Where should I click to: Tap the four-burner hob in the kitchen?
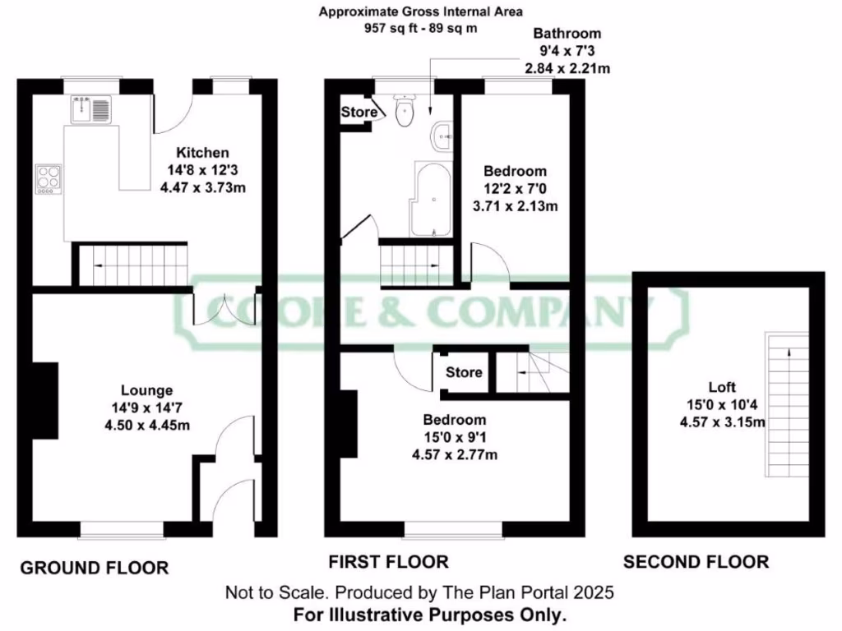tap(49, 180)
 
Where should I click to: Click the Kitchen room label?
tap(201, 152)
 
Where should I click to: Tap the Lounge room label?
tap(146, 390)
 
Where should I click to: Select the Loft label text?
tap(722, 387)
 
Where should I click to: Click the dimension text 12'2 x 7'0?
tap(515, 189)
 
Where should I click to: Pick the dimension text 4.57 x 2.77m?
tap(455, 454)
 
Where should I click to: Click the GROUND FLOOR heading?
tap(94, 568)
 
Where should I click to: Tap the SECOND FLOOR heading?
tap(696, 562)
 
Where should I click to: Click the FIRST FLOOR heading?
tap(388, 562)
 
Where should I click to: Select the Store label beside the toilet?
tap(359, 112)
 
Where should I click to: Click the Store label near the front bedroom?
tap(464, 372)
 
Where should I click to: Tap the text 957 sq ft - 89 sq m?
tap(420, 27)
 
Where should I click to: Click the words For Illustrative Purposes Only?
tap(419, 614)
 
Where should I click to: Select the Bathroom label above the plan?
tap(567, 34)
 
